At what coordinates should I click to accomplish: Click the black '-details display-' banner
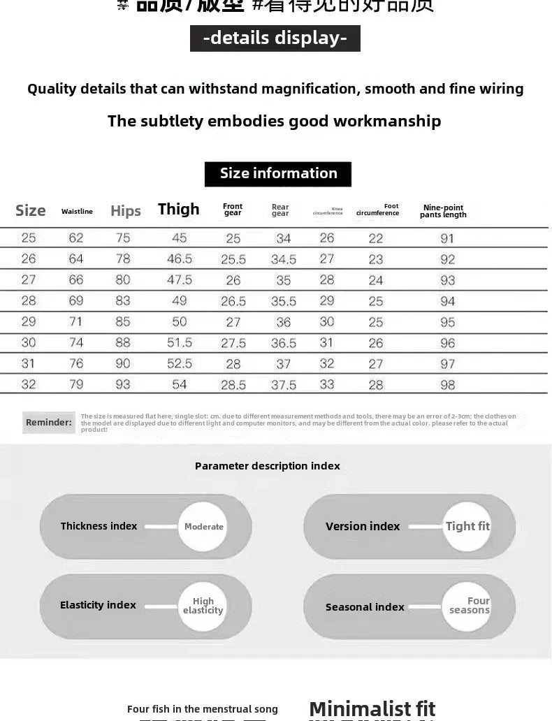click(x=275, y=38)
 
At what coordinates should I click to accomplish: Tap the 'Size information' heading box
click(x=278, y=173)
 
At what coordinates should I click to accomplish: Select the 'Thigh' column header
click(x=178, y=209)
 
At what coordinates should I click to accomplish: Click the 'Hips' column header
click(x=126, y=211)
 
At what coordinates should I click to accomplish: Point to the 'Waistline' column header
click(x=77, y=212)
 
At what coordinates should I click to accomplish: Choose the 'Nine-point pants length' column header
click(x=443, y=211)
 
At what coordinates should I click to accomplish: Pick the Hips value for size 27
click(x=123, y=280)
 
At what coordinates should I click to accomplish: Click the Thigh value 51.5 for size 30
click(x=180, y=343)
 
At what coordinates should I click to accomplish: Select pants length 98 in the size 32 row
click(x=447, y=385)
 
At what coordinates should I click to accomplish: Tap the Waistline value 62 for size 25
click(x=76, y=238)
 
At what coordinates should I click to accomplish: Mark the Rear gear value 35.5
click(x=284, y=301)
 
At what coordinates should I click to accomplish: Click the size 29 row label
click(x=29, y=322)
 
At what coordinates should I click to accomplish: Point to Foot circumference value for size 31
click(x=376, y=364)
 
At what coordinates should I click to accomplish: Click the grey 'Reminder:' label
click(x=49, y=422)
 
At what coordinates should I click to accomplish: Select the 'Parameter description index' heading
click(x=268, y=466)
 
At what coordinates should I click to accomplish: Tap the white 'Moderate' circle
click(x=203, y=527)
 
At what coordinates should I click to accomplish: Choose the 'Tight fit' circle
click(x=467, y=527)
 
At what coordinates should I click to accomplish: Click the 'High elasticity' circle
click(x=203, y=606)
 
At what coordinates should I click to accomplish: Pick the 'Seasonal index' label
click(x=365, y=607)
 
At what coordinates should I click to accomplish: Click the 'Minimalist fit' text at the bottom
click(x=372, y=708)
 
